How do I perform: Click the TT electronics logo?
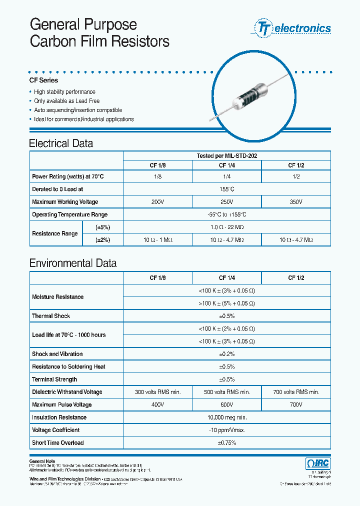pyautogui.click(x=293, y=28)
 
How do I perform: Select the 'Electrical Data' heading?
pyautogui.click(x=61, y=143)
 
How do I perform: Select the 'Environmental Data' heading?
pyautogui.click(x=73, y=263)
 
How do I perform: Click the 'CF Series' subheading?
pyautogui.click(x=43, y=80)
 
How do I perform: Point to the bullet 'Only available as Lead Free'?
pyautogui.click(x=66, y=101)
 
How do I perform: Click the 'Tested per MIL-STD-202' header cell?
pyautogui.click(x=226, y=156)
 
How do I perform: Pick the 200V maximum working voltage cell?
pyautogui.click(x=157, y=202)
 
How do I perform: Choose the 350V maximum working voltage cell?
pyautogui.click(x=295, y=202)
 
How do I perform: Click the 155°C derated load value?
pyautogui.click(x=226, y=189)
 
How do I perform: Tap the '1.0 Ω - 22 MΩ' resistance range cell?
pyautogui.click(x=226, y=227)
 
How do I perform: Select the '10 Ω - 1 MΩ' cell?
pyautogui.click(x=157, y=240)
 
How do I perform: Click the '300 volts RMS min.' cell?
pyautogui.click(x=157, y=392)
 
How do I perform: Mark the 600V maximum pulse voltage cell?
pyautogui.click(x=226, y=404)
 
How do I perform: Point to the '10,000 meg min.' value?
pyautogui.click(x=226, y=417)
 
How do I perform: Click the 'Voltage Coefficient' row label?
pyautogui.click(x=56, y=430)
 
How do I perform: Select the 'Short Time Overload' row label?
pyautogui.click(x=57, y=443)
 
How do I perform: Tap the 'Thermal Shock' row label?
pyautogui.click(x=51, y=316)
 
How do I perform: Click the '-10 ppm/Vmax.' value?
pyautogui.click(x=226, y=430)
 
